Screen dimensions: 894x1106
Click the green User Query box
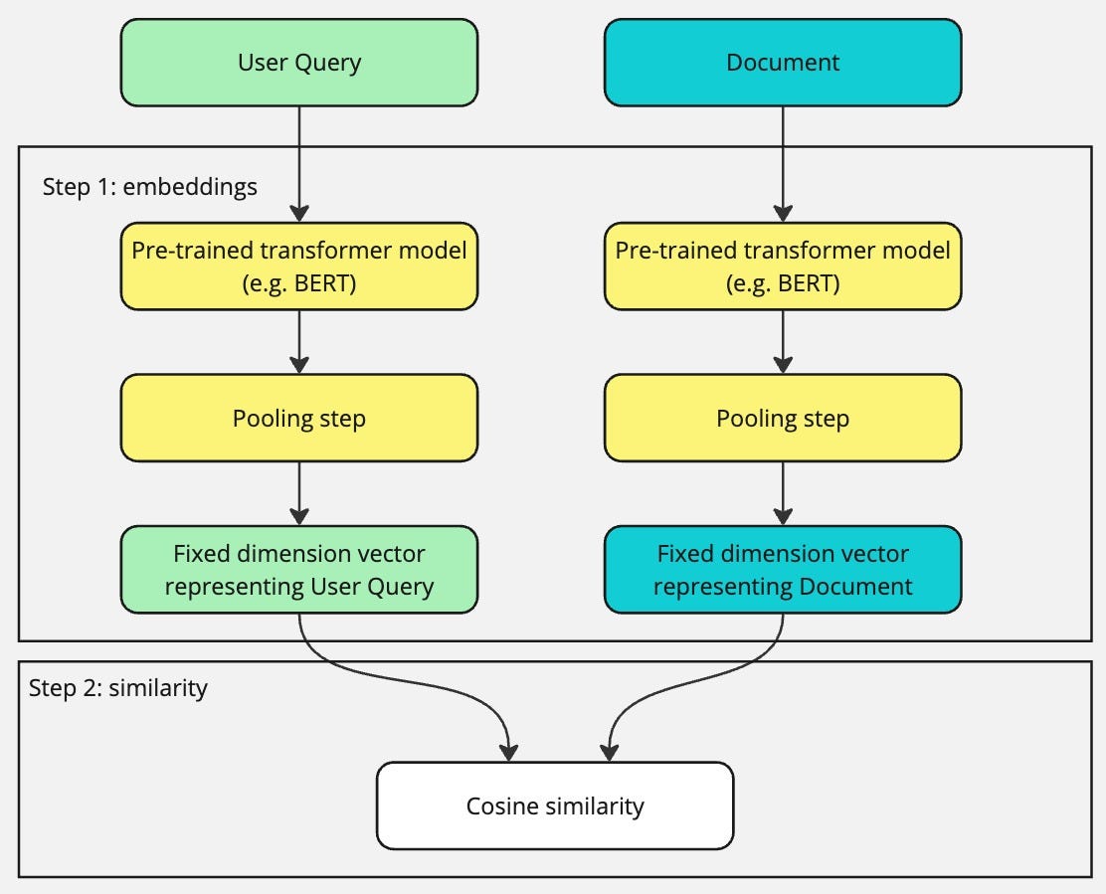[x=298, y=63]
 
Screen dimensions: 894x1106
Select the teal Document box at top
[x=783, y=63]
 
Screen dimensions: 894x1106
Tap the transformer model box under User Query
[x=298, y=266]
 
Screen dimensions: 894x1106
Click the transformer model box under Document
[x=783, y=266]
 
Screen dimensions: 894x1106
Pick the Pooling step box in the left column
[x=298, y=418]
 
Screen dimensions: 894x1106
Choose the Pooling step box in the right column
[x=783, y=418]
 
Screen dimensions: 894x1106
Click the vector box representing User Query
[x=298, y=570]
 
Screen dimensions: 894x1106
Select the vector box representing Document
[x=783, y=570]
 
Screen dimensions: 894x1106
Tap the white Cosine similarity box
[x=554, y=805]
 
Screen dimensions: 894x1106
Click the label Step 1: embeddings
[x=149, y=187]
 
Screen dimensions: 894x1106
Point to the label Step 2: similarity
[x=117, y=688]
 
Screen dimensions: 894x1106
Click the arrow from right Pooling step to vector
[x=783, y=493]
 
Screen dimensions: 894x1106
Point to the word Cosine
[x=503, y=805]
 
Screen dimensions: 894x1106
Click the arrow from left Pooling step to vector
[x=298, y=493]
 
